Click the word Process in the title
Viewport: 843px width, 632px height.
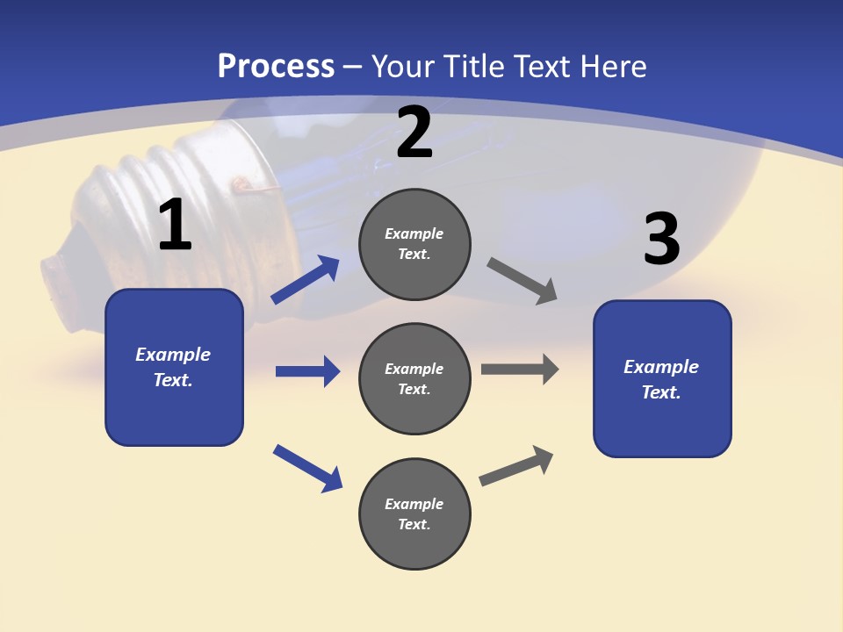click(276, 66)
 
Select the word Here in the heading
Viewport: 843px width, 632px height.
click(614, 66)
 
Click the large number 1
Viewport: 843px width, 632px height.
click(175, 226)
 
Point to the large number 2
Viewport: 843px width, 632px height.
click(414, 133)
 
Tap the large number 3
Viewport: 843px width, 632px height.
click(661, 239)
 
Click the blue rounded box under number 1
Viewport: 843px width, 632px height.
click(174, 367)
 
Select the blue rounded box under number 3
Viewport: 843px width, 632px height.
click(662, 378)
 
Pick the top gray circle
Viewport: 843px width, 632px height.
click(414, 244)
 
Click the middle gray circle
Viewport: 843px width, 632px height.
click(414, 378)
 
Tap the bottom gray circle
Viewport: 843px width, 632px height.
click(414, 513)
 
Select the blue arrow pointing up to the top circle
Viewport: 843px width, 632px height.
click(305, 280)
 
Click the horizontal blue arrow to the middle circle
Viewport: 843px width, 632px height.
click(307, 371)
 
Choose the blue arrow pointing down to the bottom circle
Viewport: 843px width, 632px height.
click(307, 468)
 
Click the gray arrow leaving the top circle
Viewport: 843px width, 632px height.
click(522, 281)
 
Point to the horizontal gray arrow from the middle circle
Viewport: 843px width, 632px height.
click(520, 369)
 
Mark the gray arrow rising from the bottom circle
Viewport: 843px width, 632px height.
click(516, 465)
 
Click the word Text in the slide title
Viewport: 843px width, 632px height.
click(543, 66)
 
